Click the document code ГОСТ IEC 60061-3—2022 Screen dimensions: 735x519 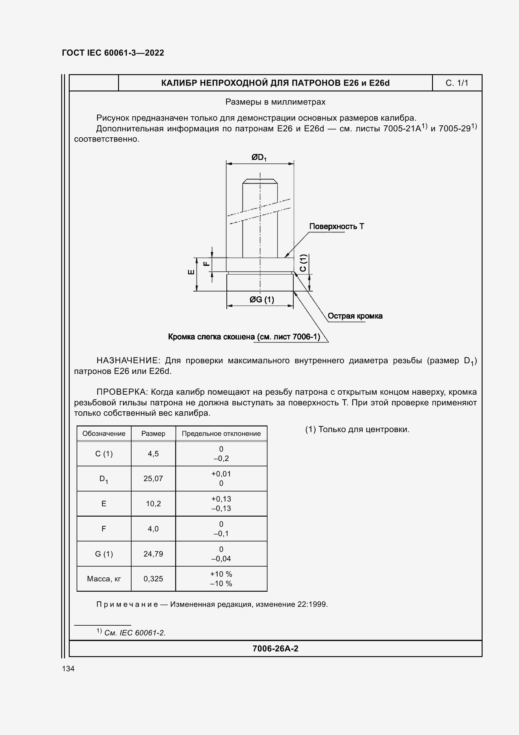click(x=113, y=53)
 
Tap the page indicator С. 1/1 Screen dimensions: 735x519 click(x=457, y=83)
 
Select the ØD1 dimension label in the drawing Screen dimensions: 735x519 click(x=259, y=157)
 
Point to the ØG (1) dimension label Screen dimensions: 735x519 click(x=262, y=300)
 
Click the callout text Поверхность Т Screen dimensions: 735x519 click(x=336, y=227)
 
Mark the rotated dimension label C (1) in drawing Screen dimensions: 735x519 click(x=304, y=263)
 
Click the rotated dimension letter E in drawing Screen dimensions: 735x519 click(x=191, y=272)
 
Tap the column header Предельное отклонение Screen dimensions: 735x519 click(x=221, y=434)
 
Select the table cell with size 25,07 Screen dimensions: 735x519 click(x=153, y=479)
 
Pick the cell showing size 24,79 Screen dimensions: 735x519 click(x=153, y=554)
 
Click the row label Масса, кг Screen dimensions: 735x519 click(x=104, y=579)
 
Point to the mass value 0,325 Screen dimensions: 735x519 click(x=153, y=579)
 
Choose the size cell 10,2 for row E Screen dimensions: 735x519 click(x=153, y=504)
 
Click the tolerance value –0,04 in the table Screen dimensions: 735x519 click(x=221, y=559)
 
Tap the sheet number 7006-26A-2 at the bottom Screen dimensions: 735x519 click(x=275, y=649)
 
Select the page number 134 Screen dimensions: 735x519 click(x=68, y=669)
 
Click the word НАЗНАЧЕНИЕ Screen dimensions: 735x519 click(x=127, y=361)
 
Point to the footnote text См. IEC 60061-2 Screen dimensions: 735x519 click(x=135, y=633)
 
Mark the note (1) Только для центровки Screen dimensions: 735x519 click(x=357, y=430)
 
